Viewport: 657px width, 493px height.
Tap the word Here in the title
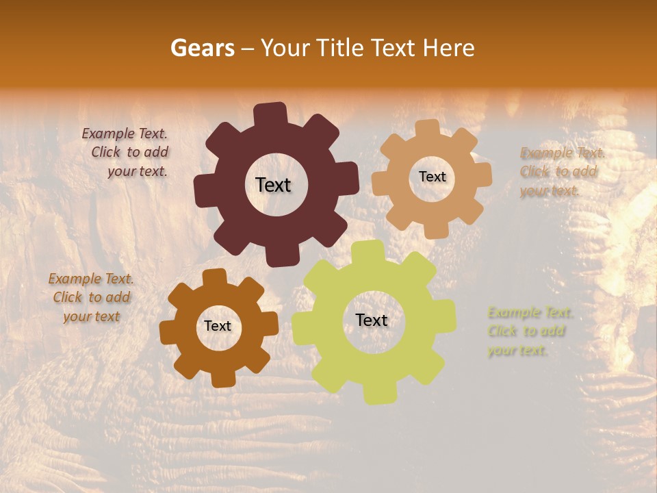pyautogui.click(x=449, y=48)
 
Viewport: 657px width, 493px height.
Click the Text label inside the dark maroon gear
pyautogui.click(x=273, y=185)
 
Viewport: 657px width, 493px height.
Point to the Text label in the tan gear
pyautogui.click(x=432, y=177)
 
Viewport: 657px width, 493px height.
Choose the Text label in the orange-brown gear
pyautogui.click(x=218, y=326)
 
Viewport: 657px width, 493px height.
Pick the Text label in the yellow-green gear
pyautogui.click(x=372, y=320)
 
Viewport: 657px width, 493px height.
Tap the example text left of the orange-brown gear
pyautogui.click(x=91, y=297)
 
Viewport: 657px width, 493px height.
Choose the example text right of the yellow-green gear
pyautogui.click(x=529, y=331)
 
